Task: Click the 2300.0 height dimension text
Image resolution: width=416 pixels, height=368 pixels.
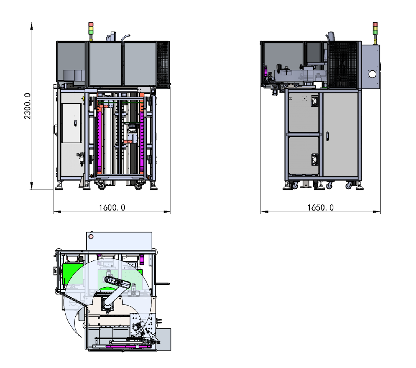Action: click(x=28, y=106)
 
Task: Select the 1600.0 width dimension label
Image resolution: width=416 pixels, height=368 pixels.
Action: click(x=112, y=207)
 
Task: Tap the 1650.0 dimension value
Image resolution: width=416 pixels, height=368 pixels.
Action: click(x=320, y=207)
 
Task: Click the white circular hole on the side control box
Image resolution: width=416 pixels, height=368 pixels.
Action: click(x=372, y=74)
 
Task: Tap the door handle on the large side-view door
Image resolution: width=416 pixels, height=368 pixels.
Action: click(x=327, y=136)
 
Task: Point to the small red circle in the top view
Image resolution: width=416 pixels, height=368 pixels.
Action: click(x=91, y=237)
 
